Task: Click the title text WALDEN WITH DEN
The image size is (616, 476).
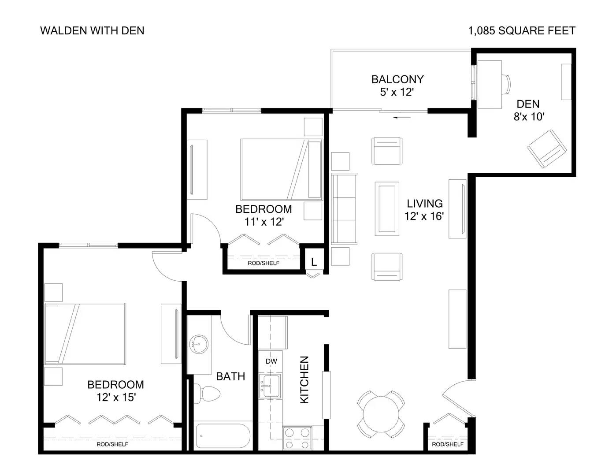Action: [x=92, y=30]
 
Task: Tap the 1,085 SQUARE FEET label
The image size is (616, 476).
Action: [x=522, y=30]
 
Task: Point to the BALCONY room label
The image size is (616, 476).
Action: [x=397, y=79]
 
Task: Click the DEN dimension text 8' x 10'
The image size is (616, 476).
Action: [x=529, y=116]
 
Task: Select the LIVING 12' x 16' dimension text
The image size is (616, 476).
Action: [x=424, y=216]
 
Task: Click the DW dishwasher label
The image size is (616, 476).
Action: [x=271, y=361]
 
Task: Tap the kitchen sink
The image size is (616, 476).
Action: [x=270, y=386]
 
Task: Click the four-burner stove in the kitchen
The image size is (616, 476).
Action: [x=297, y=438]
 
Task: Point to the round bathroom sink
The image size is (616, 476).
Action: [x=199, y=345]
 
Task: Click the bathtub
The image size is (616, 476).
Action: [x=223, y=436]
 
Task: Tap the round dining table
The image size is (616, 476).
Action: [x=381, y=414]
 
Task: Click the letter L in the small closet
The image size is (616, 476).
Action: [x=314, y=262]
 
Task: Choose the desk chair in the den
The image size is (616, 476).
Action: [x=506, y=84]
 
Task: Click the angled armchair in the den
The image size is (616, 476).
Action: [x=547, y=149]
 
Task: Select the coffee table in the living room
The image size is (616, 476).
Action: [x=387, y=209]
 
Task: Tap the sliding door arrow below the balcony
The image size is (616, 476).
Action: [x=402, y=117]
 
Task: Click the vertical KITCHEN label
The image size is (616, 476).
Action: [x=304, y=380]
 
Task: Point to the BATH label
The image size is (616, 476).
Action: [x=230, y=376]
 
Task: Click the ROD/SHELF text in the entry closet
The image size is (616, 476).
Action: [x=448, y=444]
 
